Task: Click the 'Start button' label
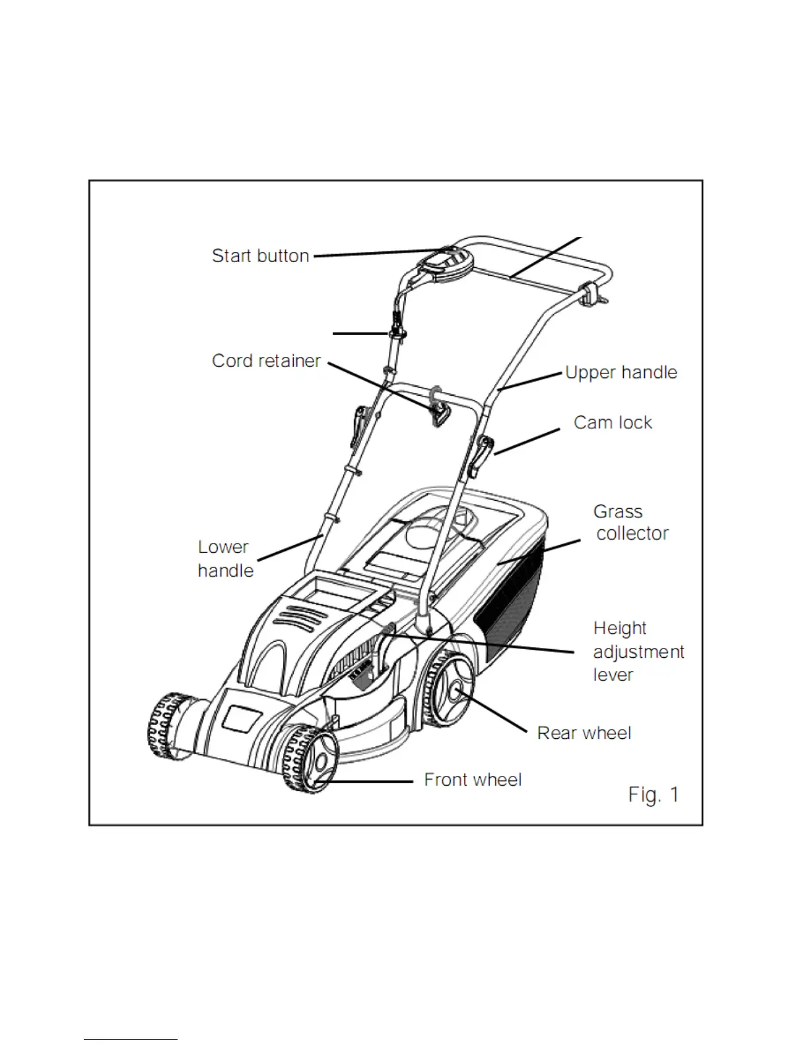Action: point(260,256)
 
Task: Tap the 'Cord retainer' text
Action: point(266,361)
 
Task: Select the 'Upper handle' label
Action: point(621,373)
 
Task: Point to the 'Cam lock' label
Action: point(613,423)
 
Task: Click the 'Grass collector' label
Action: point(630,522)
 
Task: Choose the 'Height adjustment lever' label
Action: point(638,651)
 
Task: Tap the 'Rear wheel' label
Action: point(584,733)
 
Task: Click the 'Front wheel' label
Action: point(473,780)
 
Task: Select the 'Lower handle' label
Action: point(225,559)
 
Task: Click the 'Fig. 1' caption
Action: point(653,795)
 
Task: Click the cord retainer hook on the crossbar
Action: point(438,412)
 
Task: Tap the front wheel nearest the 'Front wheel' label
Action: point(311,758)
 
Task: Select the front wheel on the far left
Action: point(168,725)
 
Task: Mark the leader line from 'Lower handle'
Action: point(289,548)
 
